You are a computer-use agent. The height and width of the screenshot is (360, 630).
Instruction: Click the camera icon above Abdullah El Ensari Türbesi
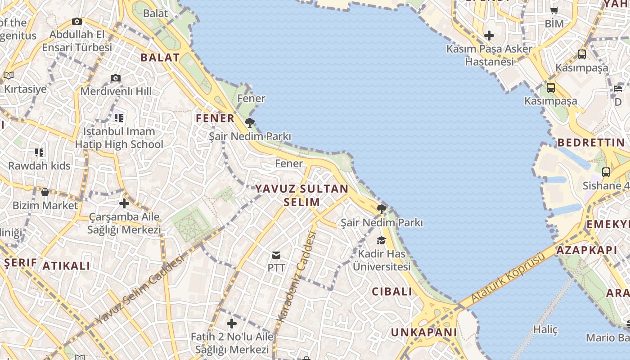77,21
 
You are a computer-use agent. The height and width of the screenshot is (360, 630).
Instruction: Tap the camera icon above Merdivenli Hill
116,78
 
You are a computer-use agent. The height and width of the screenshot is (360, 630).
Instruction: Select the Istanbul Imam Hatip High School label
119,138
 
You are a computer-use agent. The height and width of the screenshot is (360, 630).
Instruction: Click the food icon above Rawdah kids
40,153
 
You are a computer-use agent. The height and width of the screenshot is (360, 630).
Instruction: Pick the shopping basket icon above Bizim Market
45,193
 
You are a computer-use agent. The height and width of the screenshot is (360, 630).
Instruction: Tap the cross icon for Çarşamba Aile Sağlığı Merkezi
124,203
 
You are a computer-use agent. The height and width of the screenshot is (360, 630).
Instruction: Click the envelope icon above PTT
276,255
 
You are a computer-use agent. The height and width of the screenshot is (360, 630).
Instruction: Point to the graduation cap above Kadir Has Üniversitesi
382,240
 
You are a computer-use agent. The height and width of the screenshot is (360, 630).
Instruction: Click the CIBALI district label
392,292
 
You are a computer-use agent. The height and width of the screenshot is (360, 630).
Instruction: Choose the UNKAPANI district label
424,333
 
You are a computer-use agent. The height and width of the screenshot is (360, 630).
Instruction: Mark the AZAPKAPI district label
587,250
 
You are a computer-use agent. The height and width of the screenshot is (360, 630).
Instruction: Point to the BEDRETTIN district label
591,143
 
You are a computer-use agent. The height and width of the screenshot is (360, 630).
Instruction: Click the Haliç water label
545,330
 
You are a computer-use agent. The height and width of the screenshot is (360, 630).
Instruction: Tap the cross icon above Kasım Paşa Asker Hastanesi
489,35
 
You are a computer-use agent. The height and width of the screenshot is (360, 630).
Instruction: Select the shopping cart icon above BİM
554,10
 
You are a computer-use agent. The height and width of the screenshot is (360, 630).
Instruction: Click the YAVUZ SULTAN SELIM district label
302,195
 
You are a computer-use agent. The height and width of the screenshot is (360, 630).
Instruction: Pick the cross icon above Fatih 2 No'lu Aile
232,324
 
